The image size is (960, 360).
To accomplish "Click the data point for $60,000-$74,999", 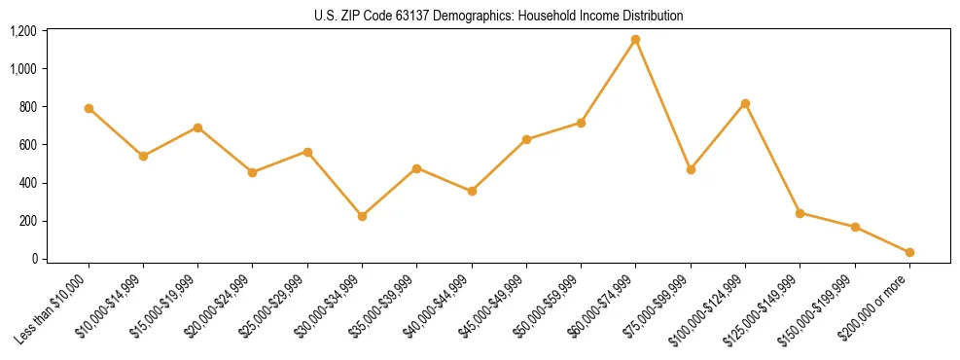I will coord(635,40).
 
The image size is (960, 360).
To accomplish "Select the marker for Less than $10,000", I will coord(89,108).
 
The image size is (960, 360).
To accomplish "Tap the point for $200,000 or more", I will coord(909,252).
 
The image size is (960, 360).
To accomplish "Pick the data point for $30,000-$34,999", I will coord(362,216).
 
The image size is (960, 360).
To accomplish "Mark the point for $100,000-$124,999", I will coord(745,103).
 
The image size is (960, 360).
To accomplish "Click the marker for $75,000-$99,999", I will coord(691,169).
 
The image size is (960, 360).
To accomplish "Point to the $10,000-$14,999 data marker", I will coord(143,156).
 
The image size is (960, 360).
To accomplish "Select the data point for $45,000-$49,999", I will coord(526,139).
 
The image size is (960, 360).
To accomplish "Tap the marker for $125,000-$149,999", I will coord(800,213).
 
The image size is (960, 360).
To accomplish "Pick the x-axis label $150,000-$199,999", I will coord(821,306).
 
